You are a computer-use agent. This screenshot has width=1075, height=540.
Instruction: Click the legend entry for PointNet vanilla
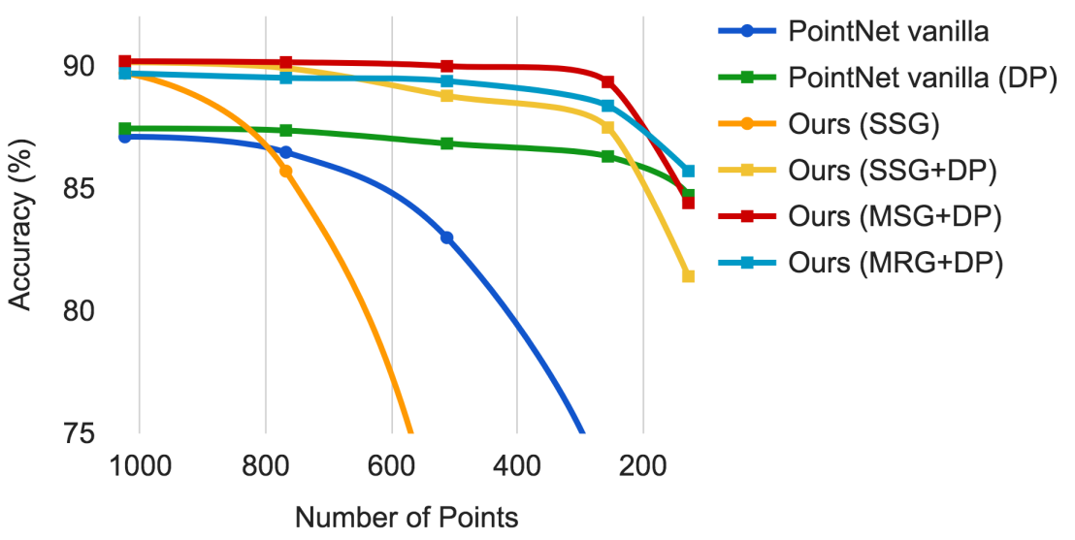click(x=888, y=31)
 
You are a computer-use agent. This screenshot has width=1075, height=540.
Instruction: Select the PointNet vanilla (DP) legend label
click(x=922, y=78)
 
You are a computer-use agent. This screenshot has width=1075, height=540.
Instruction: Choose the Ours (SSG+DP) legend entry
click(x=893, y=171)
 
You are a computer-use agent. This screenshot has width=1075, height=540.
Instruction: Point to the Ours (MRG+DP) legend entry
click(x=895, y=263)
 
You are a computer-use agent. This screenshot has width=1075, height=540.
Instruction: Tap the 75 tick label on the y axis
click(x=81, y=432)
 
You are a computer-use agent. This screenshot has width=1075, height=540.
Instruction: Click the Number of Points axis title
click(x=407, y=518)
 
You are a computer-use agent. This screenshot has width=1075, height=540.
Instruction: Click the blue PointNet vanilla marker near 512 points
click(x=447, y=238)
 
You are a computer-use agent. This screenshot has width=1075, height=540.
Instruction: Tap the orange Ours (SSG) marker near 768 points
click(x=286, y=171)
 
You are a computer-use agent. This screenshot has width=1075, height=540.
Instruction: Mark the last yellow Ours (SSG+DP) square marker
click(x=688, y=276)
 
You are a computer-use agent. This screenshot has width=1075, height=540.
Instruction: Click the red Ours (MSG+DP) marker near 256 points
click(x=607, y=82)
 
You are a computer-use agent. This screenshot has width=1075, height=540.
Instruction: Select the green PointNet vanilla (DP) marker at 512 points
click(x=447, y=143)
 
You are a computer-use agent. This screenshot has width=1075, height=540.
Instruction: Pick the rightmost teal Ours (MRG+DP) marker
click(x=688, y=171)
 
